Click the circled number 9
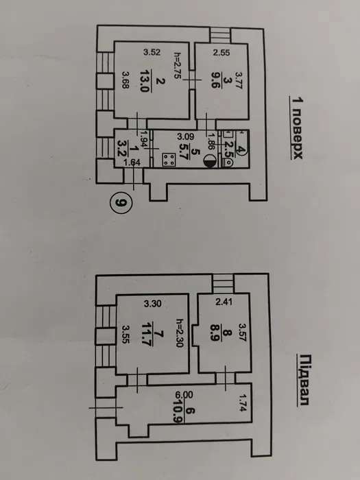[121, 202]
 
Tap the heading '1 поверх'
[296, 128]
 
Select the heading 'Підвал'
[303, 380]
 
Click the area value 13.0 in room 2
[145, 81]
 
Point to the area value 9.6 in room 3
[215, 80]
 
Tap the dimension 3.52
[152, 52]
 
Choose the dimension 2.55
[221, 53]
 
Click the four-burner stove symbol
[169, 160]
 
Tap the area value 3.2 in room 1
[122, 148]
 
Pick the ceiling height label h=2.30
[180, 333]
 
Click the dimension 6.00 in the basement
[184, 395]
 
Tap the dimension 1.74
[243, 403]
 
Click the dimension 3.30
[152, 304]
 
